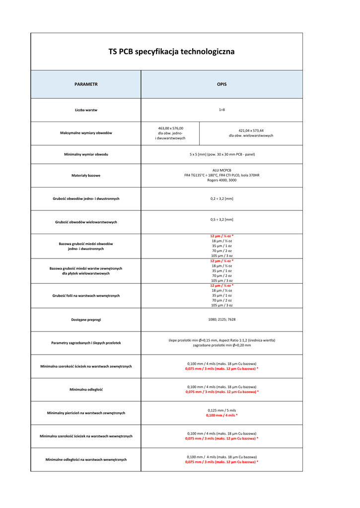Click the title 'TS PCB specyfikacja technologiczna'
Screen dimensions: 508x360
pos(171,52)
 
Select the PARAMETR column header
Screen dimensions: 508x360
pos(86,84)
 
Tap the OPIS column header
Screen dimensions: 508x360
pos(221,84)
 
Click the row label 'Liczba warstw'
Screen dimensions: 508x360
pos(86,110)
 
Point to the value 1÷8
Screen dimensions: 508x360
pos(221,110)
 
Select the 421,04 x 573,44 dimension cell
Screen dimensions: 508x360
pos(251,130)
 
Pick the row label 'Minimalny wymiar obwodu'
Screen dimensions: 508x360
pos(86,154)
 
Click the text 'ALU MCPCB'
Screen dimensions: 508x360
pos(221,170)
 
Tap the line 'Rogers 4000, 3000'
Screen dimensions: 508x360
pos(221,180)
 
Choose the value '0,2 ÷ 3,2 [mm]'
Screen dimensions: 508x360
pos(221,198)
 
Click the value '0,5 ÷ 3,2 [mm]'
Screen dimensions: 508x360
pos(221,219)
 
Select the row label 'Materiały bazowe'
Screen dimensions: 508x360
pos(86,176)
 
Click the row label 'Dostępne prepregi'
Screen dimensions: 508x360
pos(86,319)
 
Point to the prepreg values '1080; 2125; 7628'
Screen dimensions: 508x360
pos(221,319)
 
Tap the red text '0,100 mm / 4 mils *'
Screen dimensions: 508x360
pos(221,415)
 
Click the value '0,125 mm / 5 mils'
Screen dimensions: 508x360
pos(221,410)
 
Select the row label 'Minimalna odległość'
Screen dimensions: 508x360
pos(86,389)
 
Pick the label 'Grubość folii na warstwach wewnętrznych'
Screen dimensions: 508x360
pos(86,296)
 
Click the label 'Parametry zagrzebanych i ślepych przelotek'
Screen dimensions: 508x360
pos(86,343)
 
